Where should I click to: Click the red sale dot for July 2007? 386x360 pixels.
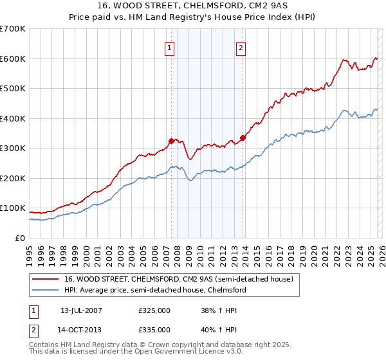171,141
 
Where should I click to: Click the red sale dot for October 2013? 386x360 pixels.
243,138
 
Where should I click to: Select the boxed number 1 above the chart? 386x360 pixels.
169,47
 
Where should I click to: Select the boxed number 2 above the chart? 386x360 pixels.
241,47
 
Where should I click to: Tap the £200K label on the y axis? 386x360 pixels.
13,178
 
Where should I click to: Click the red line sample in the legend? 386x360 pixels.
46,280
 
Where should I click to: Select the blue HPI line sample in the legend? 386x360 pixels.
46,291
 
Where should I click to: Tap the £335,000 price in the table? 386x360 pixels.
154,330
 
